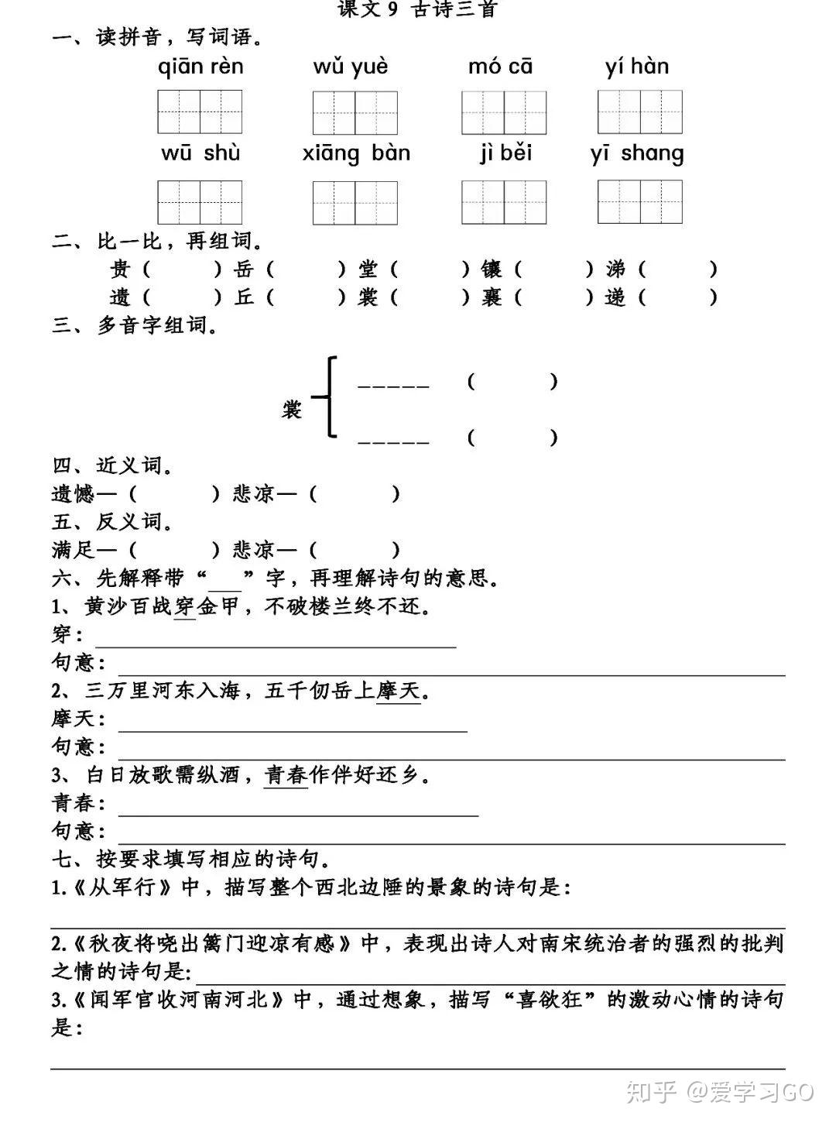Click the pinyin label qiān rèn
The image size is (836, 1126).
pos(200,67)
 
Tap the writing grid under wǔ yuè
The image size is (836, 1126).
pos(355,113)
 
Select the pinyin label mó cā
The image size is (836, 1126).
pos(500,67)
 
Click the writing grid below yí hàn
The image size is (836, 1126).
pos(639,112)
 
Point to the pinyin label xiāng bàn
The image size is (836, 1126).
pos(356,153)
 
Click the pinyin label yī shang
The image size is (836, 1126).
pos(636,153)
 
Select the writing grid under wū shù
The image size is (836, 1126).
pos(200,202)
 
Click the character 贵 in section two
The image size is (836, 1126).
pos(120,269)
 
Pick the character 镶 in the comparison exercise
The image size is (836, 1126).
pos(492,269)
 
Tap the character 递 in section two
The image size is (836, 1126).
pos(615,297)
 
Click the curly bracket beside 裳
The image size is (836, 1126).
pos(328,397)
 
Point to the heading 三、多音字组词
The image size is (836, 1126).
pos(135,325)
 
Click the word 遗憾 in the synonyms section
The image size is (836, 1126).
pos(73,493)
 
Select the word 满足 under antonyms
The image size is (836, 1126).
pos(73,550)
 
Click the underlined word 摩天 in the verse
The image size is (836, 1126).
pos(399,690)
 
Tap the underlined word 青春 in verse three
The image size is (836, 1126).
pos(286,774)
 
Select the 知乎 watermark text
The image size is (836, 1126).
pos(649,1092)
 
